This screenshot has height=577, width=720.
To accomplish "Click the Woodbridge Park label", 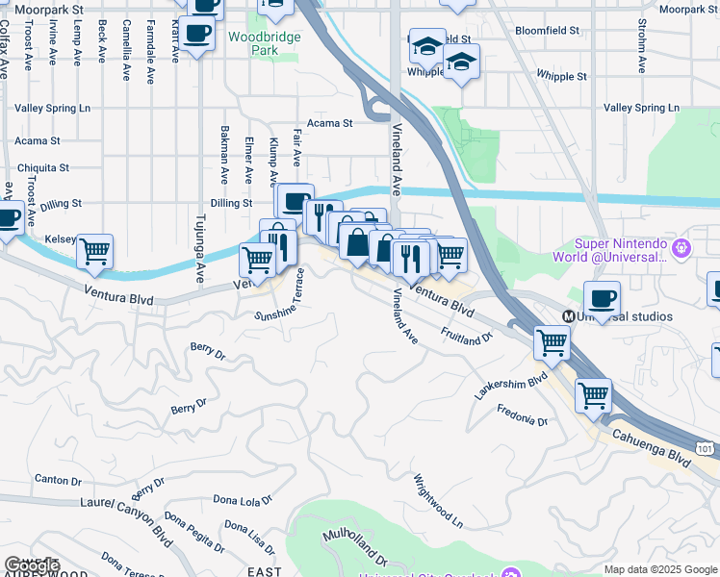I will pos(265,44).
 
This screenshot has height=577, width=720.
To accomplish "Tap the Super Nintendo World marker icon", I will pos(682,249).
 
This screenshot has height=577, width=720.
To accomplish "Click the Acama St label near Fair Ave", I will pos(330,123).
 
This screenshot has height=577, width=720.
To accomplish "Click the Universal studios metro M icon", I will pos(570,316).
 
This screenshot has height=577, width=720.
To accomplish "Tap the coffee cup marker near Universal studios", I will pos(602,298).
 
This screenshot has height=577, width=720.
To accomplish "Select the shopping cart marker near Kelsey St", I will pos(94,251).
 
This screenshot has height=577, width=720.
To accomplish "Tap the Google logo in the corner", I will pos(32,565).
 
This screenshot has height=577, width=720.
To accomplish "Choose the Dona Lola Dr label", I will pos(244,500).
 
